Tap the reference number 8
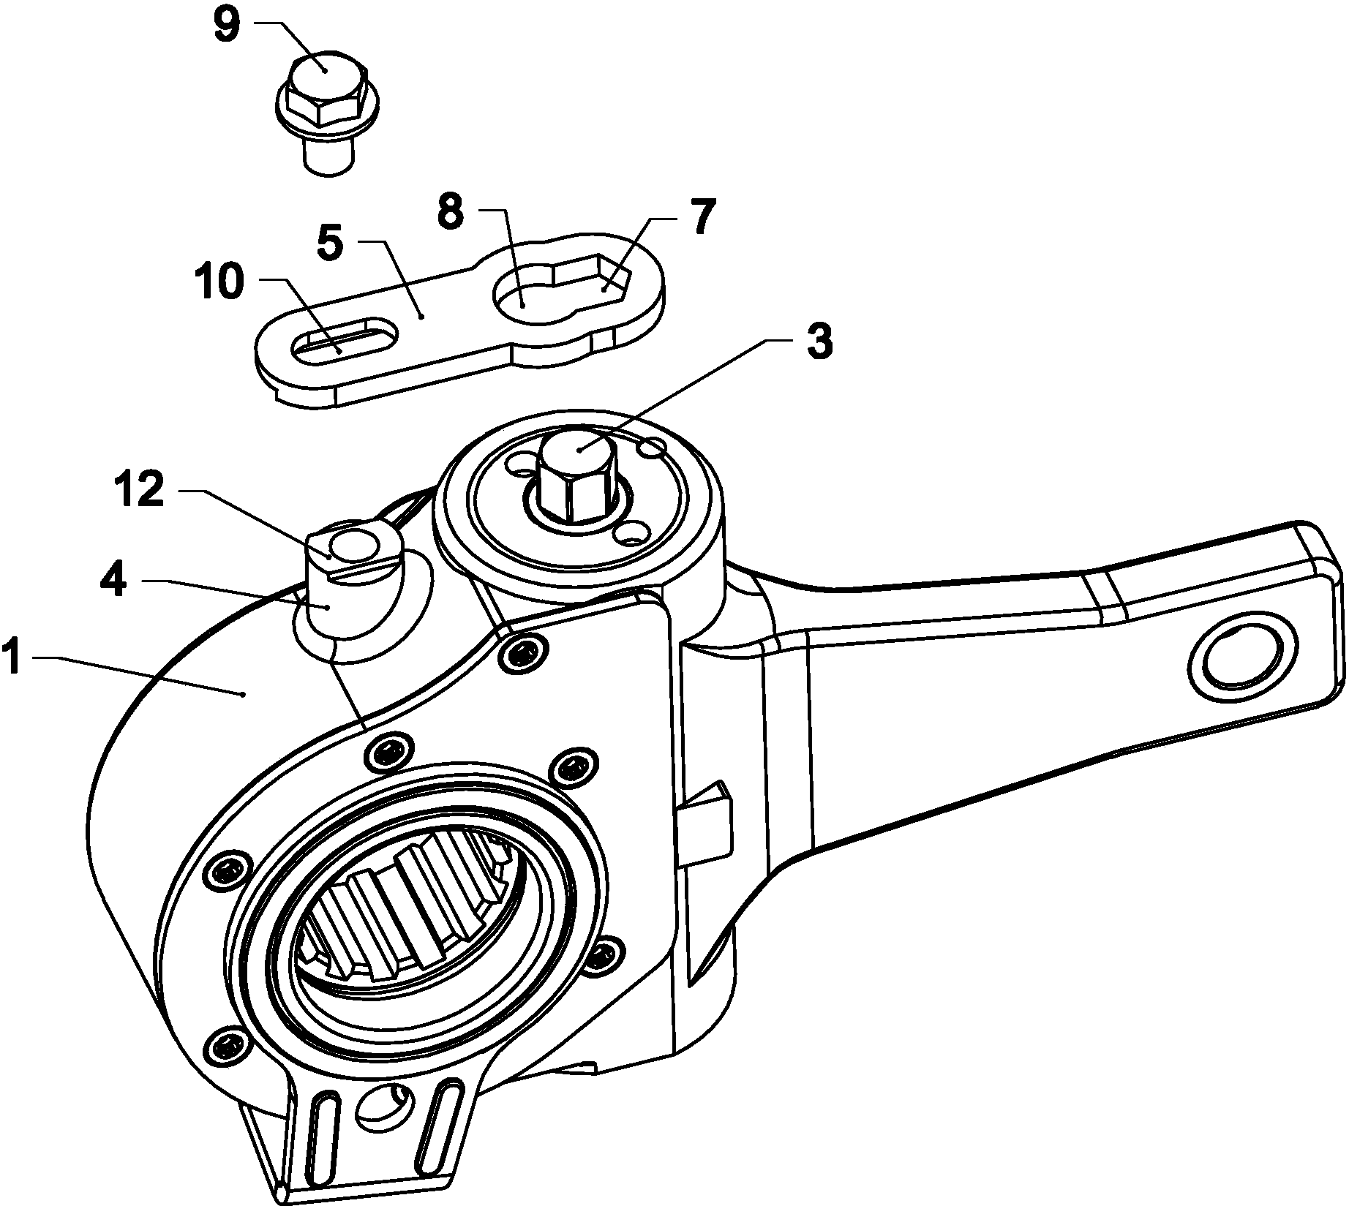tap(451, 212)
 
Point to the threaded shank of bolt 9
tap(328, 156)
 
